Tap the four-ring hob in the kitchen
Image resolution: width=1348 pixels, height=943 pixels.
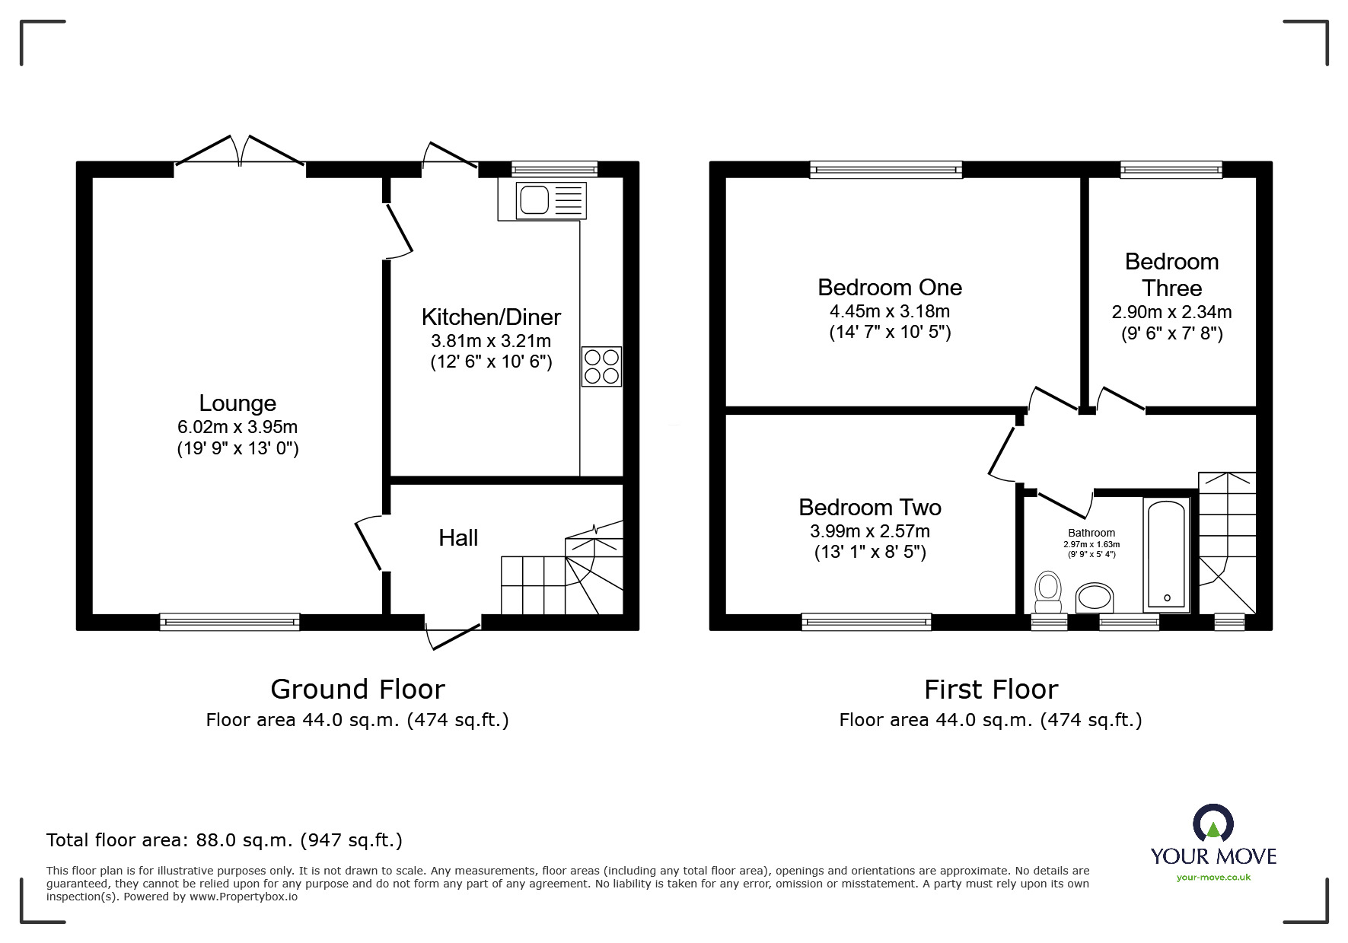click(601, 366)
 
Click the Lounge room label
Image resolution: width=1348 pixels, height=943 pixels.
click(237, 403)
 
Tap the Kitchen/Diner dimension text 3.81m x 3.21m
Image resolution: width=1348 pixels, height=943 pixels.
click(491, 341)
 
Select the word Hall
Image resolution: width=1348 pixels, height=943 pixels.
click(458, 538)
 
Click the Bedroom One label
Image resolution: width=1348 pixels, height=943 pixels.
click(889, 287)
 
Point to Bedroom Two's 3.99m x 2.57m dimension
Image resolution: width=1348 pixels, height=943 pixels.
click(869, 531)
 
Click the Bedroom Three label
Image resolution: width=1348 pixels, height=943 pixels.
click(1171, 275)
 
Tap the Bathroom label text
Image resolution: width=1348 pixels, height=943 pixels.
click(1091, 533)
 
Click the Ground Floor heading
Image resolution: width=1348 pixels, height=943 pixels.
click(357, 689)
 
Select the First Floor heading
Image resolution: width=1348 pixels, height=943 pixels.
click(990, 689)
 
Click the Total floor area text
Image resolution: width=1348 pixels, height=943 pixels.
click(224, 840)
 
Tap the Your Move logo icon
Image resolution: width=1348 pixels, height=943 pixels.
click(1213, 824)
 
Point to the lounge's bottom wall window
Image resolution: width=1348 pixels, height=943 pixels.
click(229, 623)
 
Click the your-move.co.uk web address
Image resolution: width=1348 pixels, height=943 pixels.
click(1213, 878)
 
